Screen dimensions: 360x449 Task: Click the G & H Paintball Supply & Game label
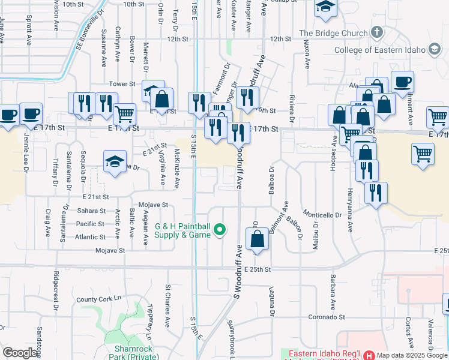click(183, 230)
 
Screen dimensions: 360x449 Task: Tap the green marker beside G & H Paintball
click(220, 229)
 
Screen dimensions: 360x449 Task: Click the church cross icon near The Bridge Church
click(377, 31)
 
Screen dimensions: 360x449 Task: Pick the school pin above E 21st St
click(115, 162)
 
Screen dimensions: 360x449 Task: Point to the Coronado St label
click(327, 317)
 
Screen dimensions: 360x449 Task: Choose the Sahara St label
click(91, 211)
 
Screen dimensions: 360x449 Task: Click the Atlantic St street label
click(91, 236)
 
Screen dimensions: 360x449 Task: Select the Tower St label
click(120, 84)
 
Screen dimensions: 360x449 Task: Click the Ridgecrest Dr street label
click(55, 287)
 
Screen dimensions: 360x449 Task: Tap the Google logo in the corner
click(20, 353)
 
